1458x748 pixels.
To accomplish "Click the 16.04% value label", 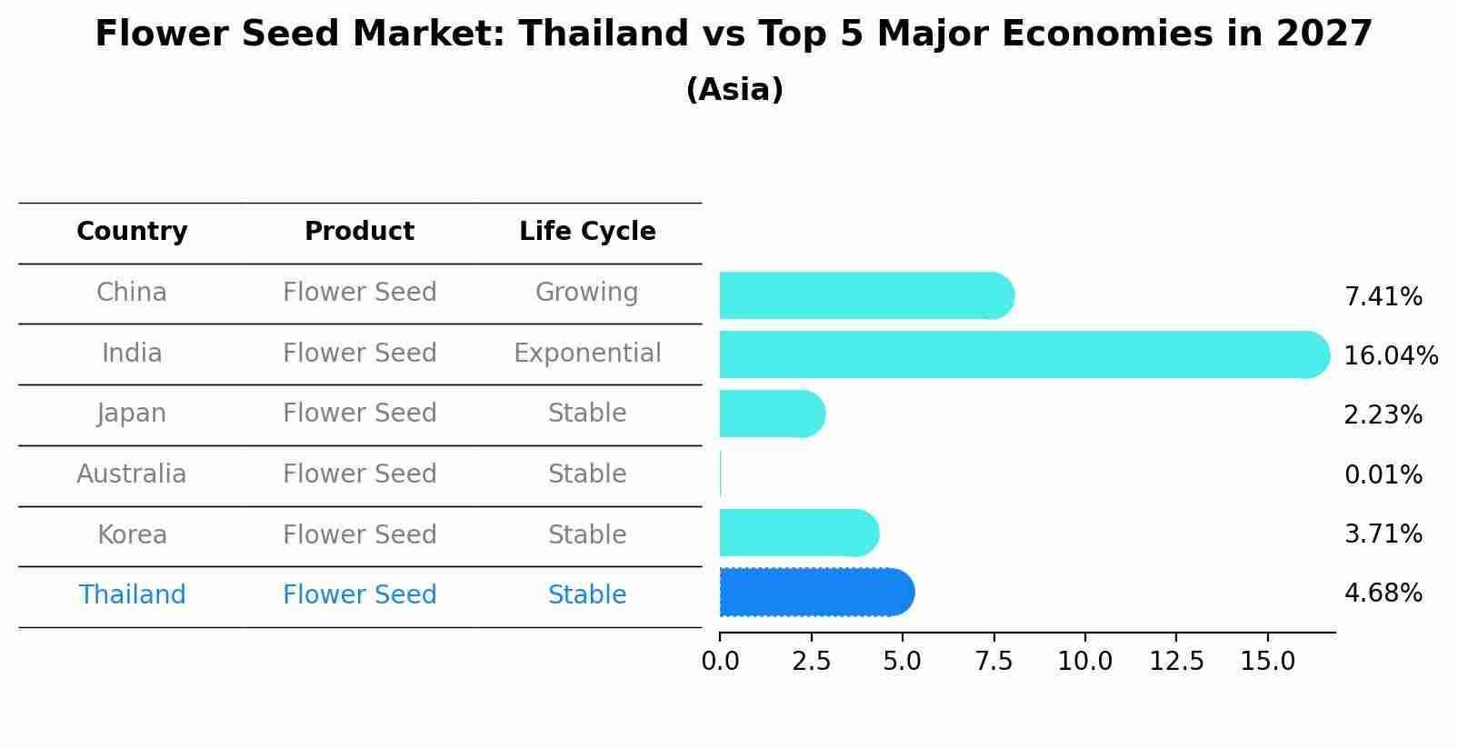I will (1391, 355).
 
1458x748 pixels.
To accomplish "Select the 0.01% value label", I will (1383, 474).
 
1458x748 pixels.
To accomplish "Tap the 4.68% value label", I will (1383, 593).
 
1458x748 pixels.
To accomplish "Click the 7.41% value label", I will (1383, 296).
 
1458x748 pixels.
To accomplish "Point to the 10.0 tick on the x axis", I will (1084, 662).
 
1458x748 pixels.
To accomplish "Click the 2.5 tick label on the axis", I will (811, 662).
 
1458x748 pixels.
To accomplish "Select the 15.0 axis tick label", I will (1267, 662).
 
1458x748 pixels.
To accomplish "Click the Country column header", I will (132, 232).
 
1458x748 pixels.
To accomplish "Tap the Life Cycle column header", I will (587, 232).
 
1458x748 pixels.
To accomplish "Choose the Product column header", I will (359, 232).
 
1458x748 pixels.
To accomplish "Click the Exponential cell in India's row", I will (587, 353).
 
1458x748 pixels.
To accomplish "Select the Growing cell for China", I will (586, 293).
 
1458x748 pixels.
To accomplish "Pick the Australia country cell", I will (132, 474).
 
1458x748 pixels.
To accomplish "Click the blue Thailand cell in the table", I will (132, 595).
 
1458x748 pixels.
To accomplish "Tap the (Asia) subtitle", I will (734, 90).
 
